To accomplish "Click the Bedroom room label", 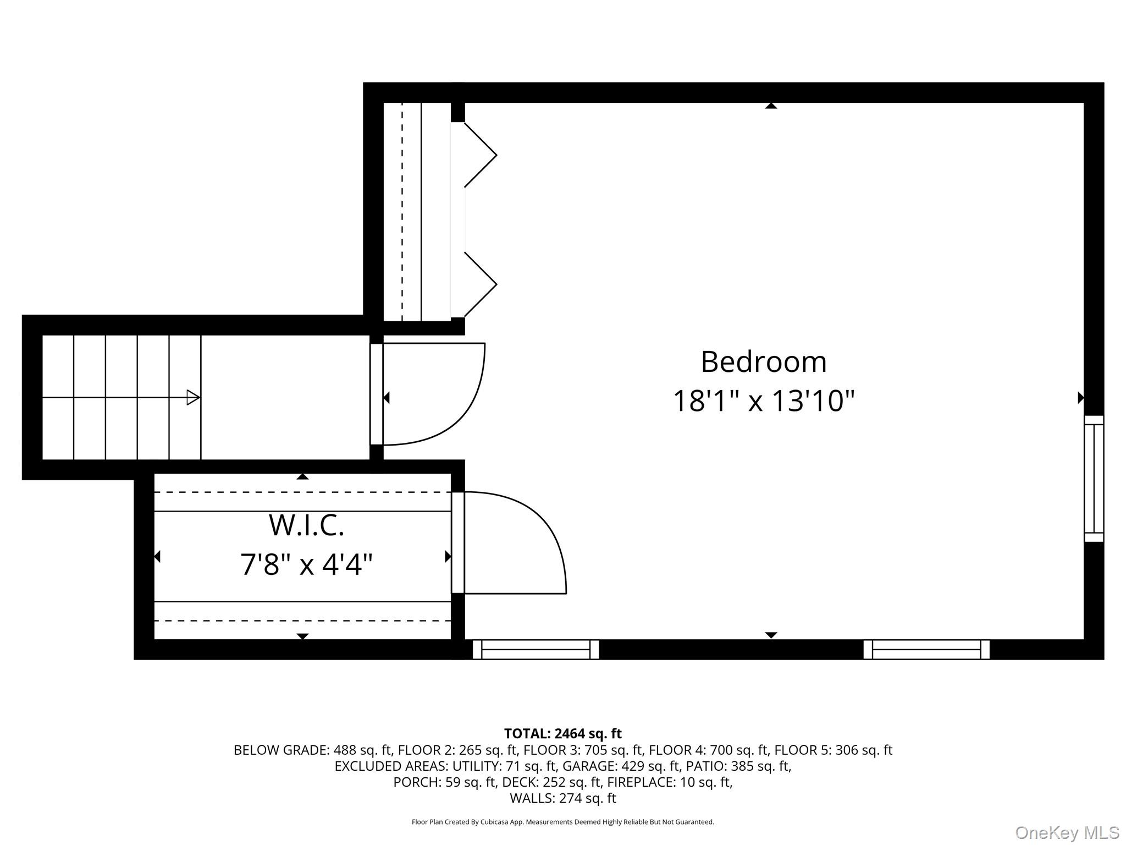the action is click(x=764, y=362).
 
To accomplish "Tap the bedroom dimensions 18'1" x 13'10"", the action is click(x=764, y=400).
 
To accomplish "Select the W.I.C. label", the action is click(x=306, y=525).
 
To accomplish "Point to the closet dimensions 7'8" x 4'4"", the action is click(x=306, y=564).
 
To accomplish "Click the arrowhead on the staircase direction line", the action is click(x=193, y=397).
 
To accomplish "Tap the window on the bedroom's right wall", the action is click(x=1094, y=479).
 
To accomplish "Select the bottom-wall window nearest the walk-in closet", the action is click(x=536, y=649).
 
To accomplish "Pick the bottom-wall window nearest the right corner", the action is click(x=926, y=649).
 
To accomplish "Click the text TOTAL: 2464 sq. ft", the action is click(x=562, y=733).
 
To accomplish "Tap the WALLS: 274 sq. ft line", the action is click(x=562, y=798).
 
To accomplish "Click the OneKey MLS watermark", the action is click(x=1067, y=832).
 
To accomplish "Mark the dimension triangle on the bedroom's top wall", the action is click(x=771, y=106).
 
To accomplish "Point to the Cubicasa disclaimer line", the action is click(x=562, y=822).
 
